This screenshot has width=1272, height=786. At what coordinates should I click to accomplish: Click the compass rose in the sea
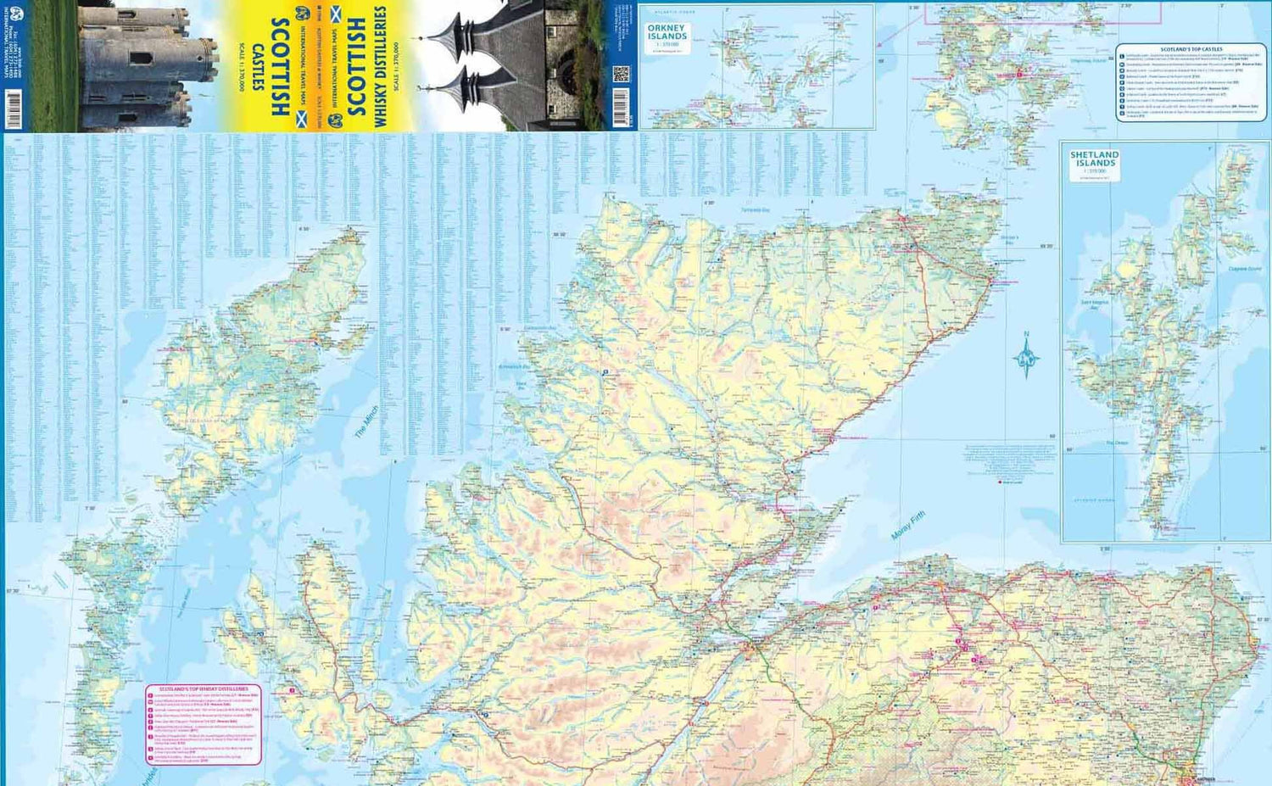tap(1026, 356)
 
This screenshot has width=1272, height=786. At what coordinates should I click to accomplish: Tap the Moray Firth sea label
tap(908, 527)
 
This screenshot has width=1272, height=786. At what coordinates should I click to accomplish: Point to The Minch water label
tap(367, 422)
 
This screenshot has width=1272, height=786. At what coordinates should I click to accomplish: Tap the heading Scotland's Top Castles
tap(1191, 50)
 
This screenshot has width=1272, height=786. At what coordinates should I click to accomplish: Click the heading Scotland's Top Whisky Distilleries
tap(204, 689)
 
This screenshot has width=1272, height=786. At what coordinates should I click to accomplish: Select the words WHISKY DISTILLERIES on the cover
tap(381, 68)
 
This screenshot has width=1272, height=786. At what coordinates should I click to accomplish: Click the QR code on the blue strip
tap(622, 75)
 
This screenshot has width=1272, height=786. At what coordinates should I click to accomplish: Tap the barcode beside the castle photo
tap(14, 110)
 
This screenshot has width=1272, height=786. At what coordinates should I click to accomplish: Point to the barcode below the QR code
tap(622, 107)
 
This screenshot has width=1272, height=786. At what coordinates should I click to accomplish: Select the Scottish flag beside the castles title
tap(299, 109)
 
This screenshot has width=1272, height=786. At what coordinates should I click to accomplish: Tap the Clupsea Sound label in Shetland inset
tap(1244, 270)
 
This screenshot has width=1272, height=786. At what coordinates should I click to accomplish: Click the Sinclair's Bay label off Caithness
tap(1009, 240)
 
